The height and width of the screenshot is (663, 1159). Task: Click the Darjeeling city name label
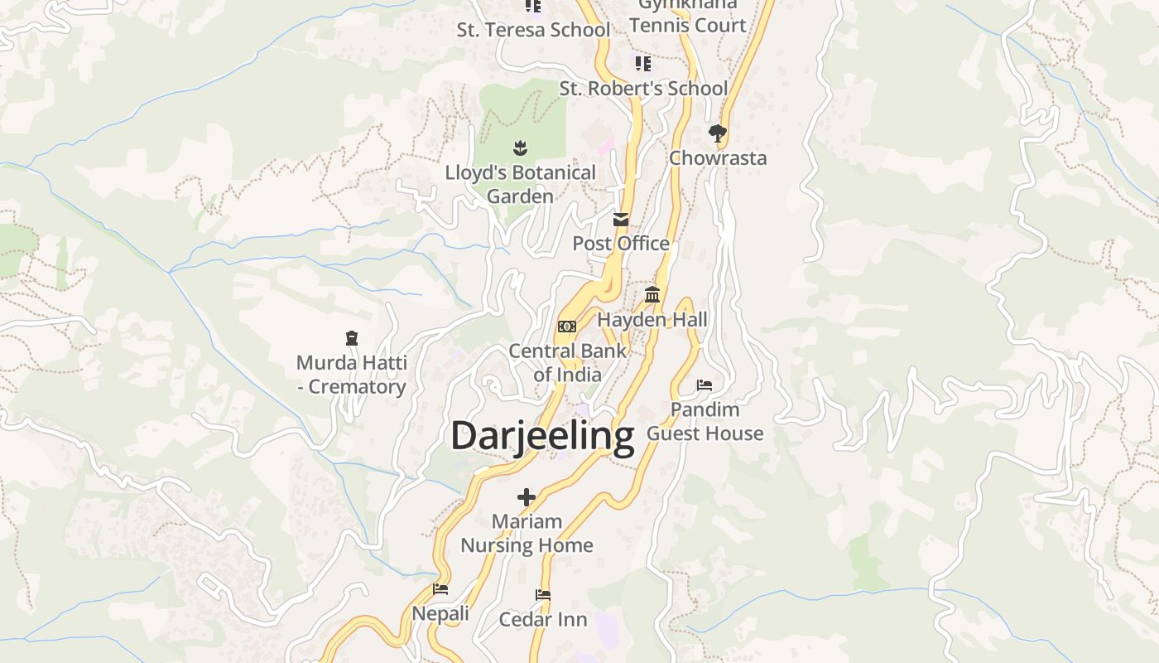tap(542, 436)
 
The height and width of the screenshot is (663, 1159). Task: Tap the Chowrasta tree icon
tap(717, 133)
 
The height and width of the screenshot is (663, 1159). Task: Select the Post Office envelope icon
tap(620, 220)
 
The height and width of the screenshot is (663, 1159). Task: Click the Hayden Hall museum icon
tap(652, 295)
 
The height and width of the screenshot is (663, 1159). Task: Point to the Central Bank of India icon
tap(567, 327)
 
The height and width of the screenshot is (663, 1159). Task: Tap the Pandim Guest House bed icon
tap(705, 385)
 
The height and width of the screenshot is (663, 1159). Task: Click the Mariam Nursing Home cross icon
tap(527, 497)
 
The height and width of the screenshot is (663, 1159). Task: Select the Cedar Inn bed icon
tap(543, 595)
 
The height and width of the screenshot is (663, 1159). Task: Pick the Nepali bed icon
tap(440, 589)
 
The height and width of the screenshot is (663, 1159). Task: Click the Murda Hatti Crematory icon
tap(352, 338)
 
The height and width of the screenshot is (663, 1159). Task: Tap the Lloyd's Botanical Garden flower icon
tap(520, 148)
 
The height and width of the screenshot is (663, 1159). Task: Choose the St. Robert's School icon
tap(642, 64)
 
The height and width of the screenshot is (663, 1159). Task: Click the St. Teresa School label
tap(533, 30)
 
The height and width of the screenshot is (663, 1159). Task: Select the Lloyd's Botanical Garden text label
tap(520, 185)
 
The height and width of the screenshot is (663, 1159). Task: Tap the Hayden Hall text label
tap(652, 320)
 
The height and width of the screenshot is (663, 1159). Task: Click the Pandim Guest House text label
tap(705, 422)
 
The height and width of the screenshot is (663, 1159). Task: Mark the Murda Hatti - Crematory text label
tap(352, 375)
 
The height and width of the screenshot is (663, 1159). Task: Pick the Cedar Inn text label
tap(543, 620)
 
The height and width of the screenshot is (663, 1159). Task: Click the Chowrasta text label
tap(718, 158)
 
